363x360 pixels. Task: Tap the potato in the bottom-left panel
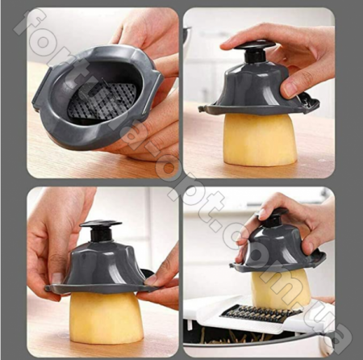[x=106, y=316]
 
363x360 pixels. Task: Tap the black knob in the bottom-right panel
[x=274, y=219]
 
